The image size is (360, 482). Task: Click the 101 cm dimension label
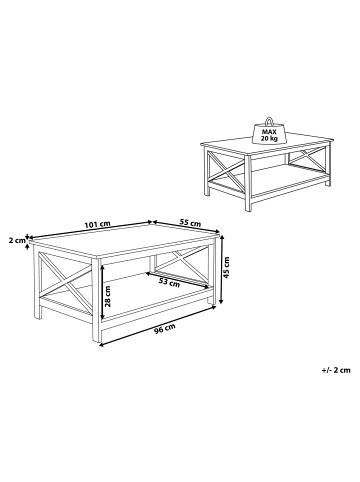point(97,224)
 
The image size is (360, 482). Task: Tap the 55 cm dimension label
point(190,222)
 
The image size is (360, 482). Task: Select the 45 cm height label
point(226,267)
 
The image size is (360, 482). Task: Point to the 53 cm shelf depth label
point(169,283)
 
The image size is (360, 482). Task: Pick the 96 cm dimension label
point(164,329)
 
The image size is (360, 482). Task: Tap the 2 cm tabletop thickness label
point(17,240)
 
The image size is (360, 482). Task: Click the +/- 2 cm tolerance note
point(336,370)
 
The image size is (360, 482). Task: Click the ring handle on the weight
point(269,120)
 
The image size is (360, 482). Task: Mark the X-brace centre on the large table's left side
point(65,281)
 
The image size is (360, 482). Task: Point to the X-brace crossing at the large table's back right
point(183,259)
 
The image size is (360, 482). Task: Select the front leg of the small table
point(248,183)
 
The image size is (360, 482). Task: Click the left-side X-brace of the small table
point(225,171)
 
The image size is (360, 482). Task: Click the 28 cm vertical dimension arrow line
point(103,292)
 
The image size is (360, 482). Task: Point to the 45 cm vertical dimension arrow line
point(222,269)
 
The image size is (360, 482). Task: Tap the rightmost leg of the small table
point(328,164)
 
